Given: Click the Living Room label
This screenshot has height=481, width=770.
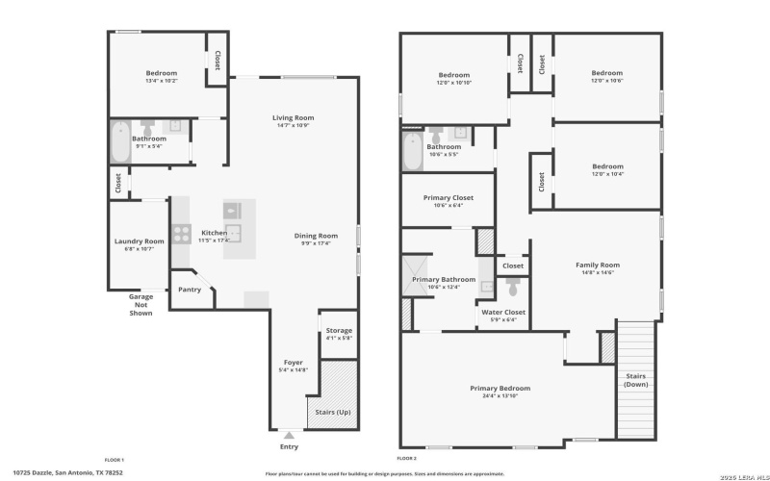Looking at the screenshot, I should coord(294,118).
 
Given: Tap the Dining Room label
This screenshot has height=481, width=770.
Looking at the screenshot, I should coord(316,236).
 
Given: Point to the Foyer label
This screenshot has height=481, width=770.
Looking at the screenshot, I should coord(293,363).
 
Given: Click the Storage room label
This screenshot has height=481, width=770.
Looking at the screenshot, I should coord(339,331).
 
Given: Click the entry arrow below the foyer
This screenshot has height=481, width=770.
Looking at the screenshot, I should coord(289,435).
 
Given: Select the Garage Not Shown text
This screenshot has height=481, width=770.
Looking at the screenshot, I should coord(141,305).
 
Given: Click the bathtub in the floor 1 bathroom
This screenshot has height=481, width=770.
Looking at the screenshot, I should coord(120,141).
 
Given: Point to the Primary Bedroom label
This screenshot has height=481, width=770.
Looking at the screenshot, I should coord(500,389).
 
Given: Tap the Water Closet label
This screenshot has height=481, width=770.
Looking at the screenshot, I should coord(502,313).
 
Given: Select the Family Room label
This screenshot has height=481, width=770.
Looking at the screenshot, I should coord(597,265).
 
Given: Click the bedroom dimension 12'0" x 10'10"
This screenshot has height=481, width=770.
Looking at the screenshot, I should coord(453,83).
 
